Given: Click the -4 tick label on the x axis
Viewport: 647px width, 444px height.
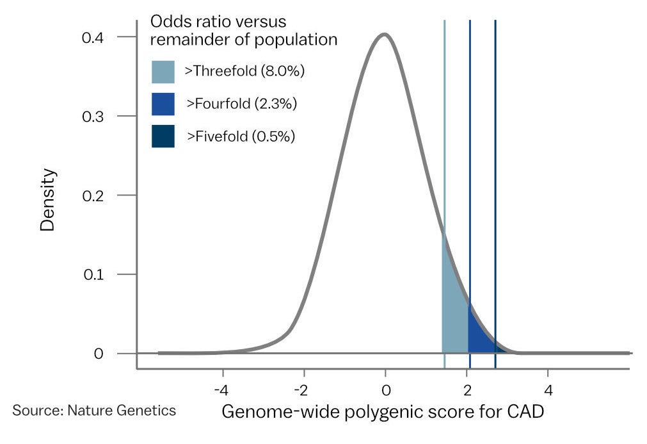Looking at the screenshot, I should coord(221,390).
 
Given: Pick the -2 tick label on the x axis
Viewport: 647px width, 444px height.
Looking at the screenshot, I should coord(302,390).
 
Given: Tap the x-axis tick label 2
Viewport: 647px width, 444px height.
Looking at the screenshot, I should coord(467,390).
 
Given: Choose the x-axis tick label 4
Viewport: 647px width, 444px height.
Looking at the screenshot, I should coord(548,390).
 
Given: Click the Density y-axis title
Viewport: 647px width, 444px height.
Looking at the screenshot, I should coord(48,199).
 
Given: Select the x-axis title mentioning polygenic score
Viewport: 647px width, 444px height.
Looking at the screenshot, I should coord(383,412).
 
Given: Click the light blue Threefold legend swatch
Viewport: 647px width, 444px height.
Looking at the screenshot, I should coord(163,72).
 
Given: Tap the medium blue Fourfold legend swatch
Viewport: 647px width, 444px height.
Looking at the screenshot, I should coord(163,104).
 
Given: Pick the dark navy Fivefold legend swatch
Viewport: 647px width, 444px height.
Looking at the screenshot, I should coord(163,136).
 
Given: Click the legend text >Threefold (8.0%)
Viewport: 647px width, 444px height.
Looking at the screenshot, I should coord(244,71).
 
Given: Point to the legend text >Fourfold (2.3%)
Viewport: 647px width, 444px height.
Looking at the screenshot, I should coord(241,103).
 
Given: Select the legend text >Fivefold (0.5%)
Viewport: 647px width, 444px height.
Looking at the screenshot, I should coord(240,136).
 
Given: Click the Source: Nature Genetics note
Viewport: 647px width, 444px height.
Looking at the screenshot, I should coord(94,410).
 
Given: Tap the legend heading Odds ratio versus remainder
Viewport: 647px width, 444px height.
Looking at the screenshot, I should coord(243,30).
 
